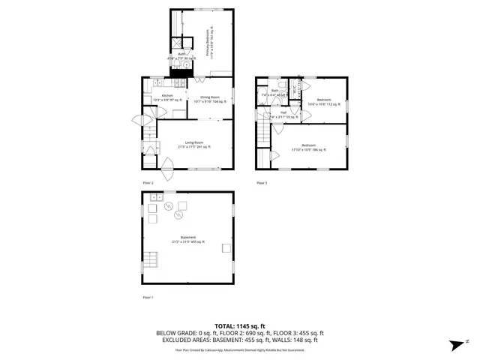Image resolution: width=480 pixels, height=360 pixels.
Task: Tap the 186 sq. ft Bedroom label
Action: [309, 146]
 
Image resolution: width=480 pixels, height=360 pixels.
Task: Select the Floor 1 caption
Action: [148, 298]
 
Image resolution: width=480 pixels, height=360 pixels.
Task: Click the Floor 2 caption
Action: [148, 183]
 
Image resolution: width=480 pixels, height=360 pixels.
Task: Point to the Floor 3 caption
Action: [262, 183]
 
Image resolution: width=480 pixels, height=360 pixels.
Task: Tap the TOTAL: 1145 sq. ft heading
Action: [240, 325]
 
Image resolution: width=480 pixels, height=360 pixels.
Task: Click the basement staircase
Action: [151, 261]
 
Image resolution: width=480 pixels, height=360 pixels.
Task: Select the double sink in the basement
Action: [157, 197]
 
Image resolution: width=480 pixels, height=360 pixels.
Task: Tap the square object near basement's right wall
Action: [224, 248]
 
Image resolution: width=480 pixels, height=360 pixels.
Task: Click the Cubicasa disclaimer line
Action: [240, 349]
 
